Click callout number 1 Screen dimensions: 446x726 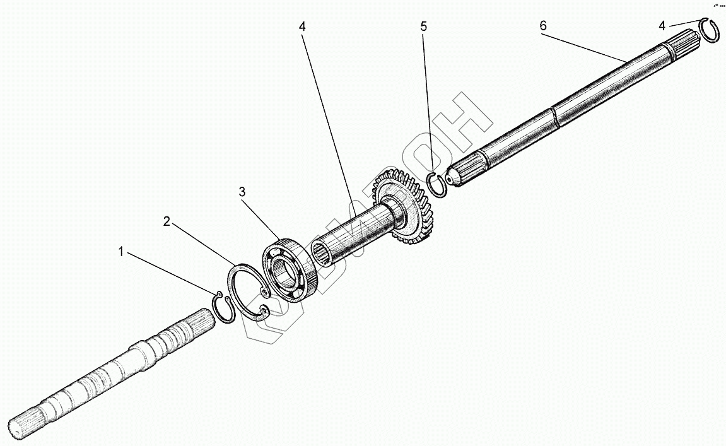120,252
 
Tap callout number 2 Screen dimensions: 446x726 167,221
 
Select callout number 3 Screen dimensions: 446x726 242,192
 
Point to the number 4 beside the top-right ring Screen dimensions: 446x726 662,26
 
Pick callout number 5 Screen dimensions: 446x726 424,26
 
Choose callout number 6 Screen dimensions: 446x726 543,26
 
